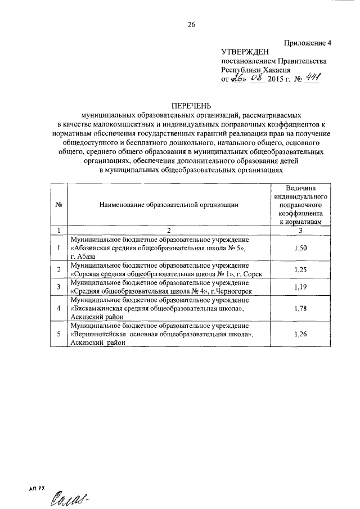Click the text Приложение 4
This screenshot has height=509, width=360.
coord(309,42)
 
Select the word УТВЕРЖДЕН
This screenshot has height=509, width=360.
coord(245,52)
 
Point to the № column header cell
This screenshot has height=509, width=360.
coord(58,206)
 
